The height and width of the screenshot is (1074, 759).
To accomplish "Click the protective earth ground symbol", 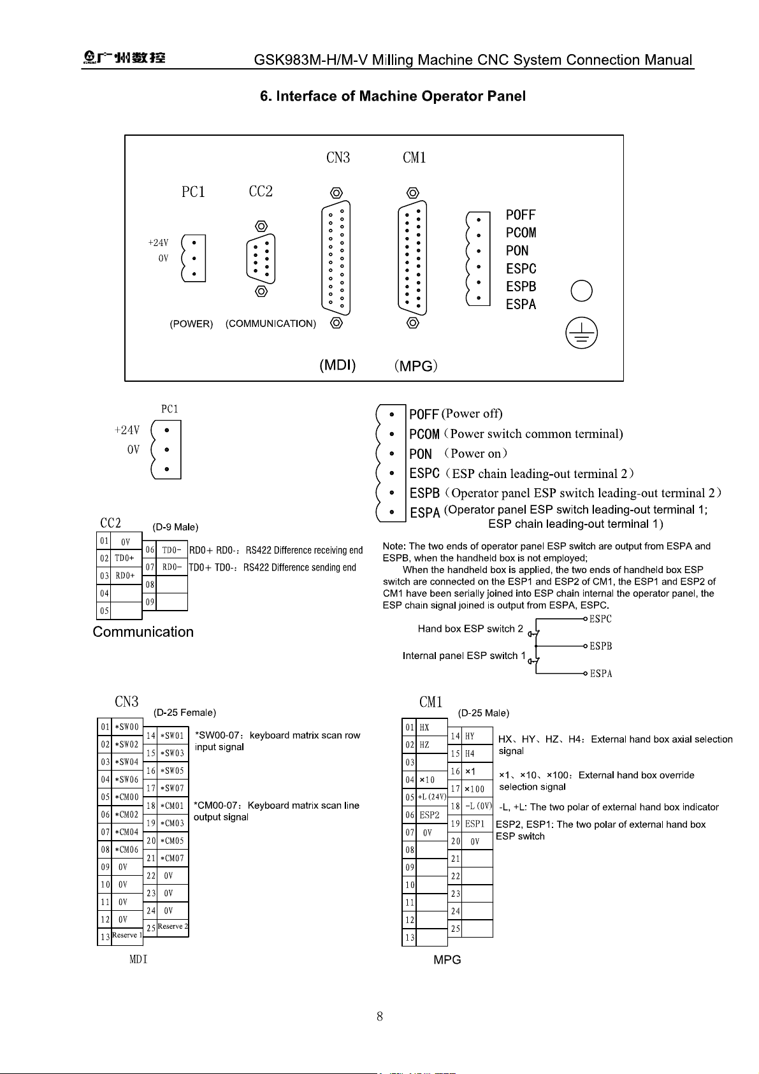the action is pos(581,333).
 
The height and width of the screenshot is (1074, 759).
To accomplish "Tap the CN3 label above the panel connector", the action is pos(338,157).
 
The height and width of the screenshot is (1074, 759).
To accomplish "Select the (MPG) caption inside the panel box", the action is pos(416,366).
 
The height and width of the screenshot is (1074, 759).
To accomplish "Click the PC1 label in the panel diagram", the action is pos(193,192).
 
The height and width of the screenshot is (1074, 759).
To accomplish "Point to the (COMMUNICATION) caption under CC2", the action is pos(271,324).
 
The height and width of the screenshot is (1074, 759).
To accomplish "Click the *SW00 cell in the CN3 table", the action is pos(127,727).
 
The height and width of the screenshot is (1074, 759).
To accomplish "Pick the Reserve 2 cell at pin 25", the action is pos(173,926).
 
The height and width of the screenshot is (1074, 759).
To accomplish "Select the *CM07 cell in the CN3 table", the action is pos(173,858).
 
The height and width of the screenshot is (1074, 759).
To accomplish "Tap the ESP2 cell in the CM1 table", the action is pos(430,815).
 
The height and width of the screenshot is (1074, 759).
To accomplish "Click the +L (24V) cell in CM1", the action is pos(432,797).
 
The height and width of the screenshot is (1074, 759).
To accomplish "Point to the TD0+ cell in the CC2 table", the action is pos(125,558).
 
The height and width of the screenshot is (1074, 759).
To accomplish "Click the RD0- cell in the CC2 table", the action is pos(171,567).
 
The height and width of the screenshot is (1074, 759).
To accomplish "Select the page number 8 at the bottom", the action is pos(380,1016).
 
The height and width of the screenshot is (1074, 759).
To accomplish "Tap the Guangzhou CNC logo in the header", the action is pos(124,57).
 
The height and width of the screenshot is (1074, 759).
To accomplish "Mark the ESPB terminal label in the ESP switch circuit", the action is pos(601,646).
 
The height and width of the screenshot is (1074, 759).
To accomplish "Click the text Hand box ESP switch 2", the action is pos(470,628).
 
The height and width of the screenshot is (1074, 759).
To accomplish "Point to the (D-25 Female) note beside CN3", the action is pos(185,713).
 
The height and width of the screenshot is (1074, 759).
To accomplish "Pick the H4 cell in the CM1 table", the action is pos(470,754).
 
